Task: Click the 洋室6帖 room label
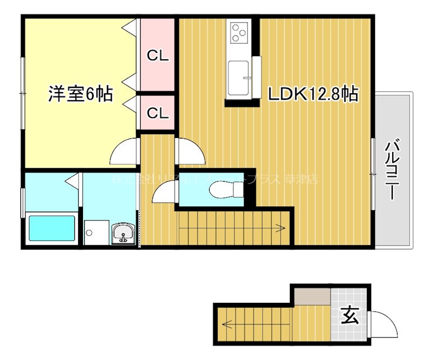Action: [80, 94]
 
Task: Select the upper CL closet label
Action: [158, 55]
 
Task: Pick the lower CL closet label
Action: [158, 113]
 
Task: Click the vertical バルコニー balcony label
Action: [392, 169]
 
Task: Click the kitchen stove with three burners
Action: [238, 33]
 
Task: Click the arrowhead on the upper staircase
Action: [282, 229]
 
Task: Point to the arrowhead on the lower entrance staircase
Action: [224, 324]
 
